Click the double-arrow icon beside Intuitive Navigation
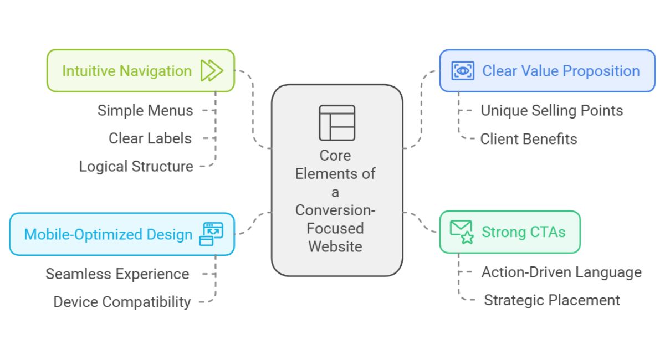click(x=212, y=71)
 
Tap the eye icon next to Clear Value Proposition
click(x=463, y=71)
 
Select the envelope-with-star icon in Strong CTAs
click(x=461, y=232)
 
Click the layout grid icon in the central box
click(x=336, y=122)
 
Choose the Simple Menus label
click(x=145, y=110)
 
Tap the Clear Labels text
click(x=150, y=138)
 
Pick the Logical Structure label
click(x=136, y=166)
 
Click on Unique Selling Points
click(x=551, y=110)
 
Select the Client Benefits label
click(x=529, y=138)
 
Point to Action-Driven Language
click(x=561, y=272)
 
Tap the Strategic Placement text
click(x=552, y=300)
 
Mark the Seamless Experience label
click(x=117, y=274)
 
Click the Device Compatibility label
click(x=122, y=302)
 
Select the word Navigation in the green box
click(x=157, y=71)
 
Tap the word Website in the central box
click(x=335, y=246)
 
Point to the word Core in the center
click(x=335, y=155)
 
